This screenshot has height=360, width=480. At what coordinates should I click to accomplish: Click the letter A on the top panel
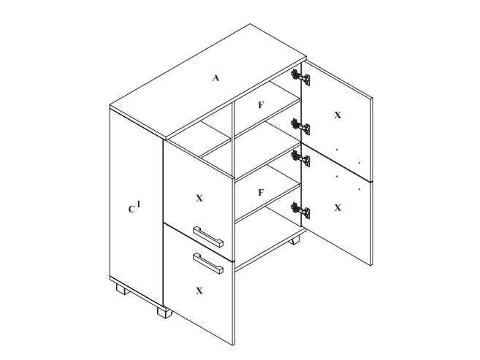[216, 78]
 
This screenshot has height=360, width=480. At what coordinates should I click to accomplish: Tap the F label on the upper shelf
[261, 105]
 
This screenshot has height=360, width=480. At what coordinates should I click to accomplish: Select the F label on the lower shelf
[261, 193]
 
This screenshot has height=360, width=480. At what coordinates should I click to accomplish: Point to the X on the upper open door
[338, 115]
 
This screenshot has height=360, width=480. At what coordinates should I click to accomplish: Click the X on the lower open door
[338, 208]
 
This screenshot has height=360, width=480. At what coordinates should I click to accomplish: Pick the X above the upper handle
[199, 199]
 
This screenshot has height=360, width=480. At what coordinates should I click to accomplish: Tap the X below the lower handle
[199, 291]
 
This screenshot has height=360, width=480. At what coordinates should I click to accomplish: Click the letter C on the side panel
[132, 210]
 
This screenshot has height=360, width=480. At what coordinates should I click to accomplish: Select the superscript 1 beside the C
[138, 204]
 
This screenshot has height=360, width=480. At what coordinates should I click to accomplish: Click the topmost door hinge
[300, 77]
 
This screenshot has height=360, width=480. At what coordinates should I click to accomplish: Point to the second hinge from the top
[300, 126]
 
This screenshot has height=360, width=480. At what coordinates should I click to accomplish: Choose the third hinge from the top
[300, 158]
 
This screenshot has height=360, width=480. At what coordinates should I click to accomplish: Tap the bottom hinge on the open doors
[300, 211]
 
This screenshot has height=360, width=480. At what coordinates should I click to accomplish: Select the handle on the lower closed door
[208, 264]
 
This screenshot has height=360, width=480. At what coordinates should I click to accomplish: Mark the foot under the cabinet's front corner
[164, 313]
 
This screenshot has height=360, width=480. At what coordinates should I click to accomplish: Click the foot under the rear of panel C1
[123, 289]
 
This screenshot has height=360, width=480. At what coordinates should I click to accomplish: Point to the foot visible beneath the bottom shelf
[295, 240]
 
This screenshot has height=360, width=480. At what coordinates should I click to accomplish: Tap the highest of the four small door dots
[337, 150]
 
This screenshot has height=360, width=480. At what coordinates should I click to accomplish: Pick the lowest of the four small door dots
[359, 189]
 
